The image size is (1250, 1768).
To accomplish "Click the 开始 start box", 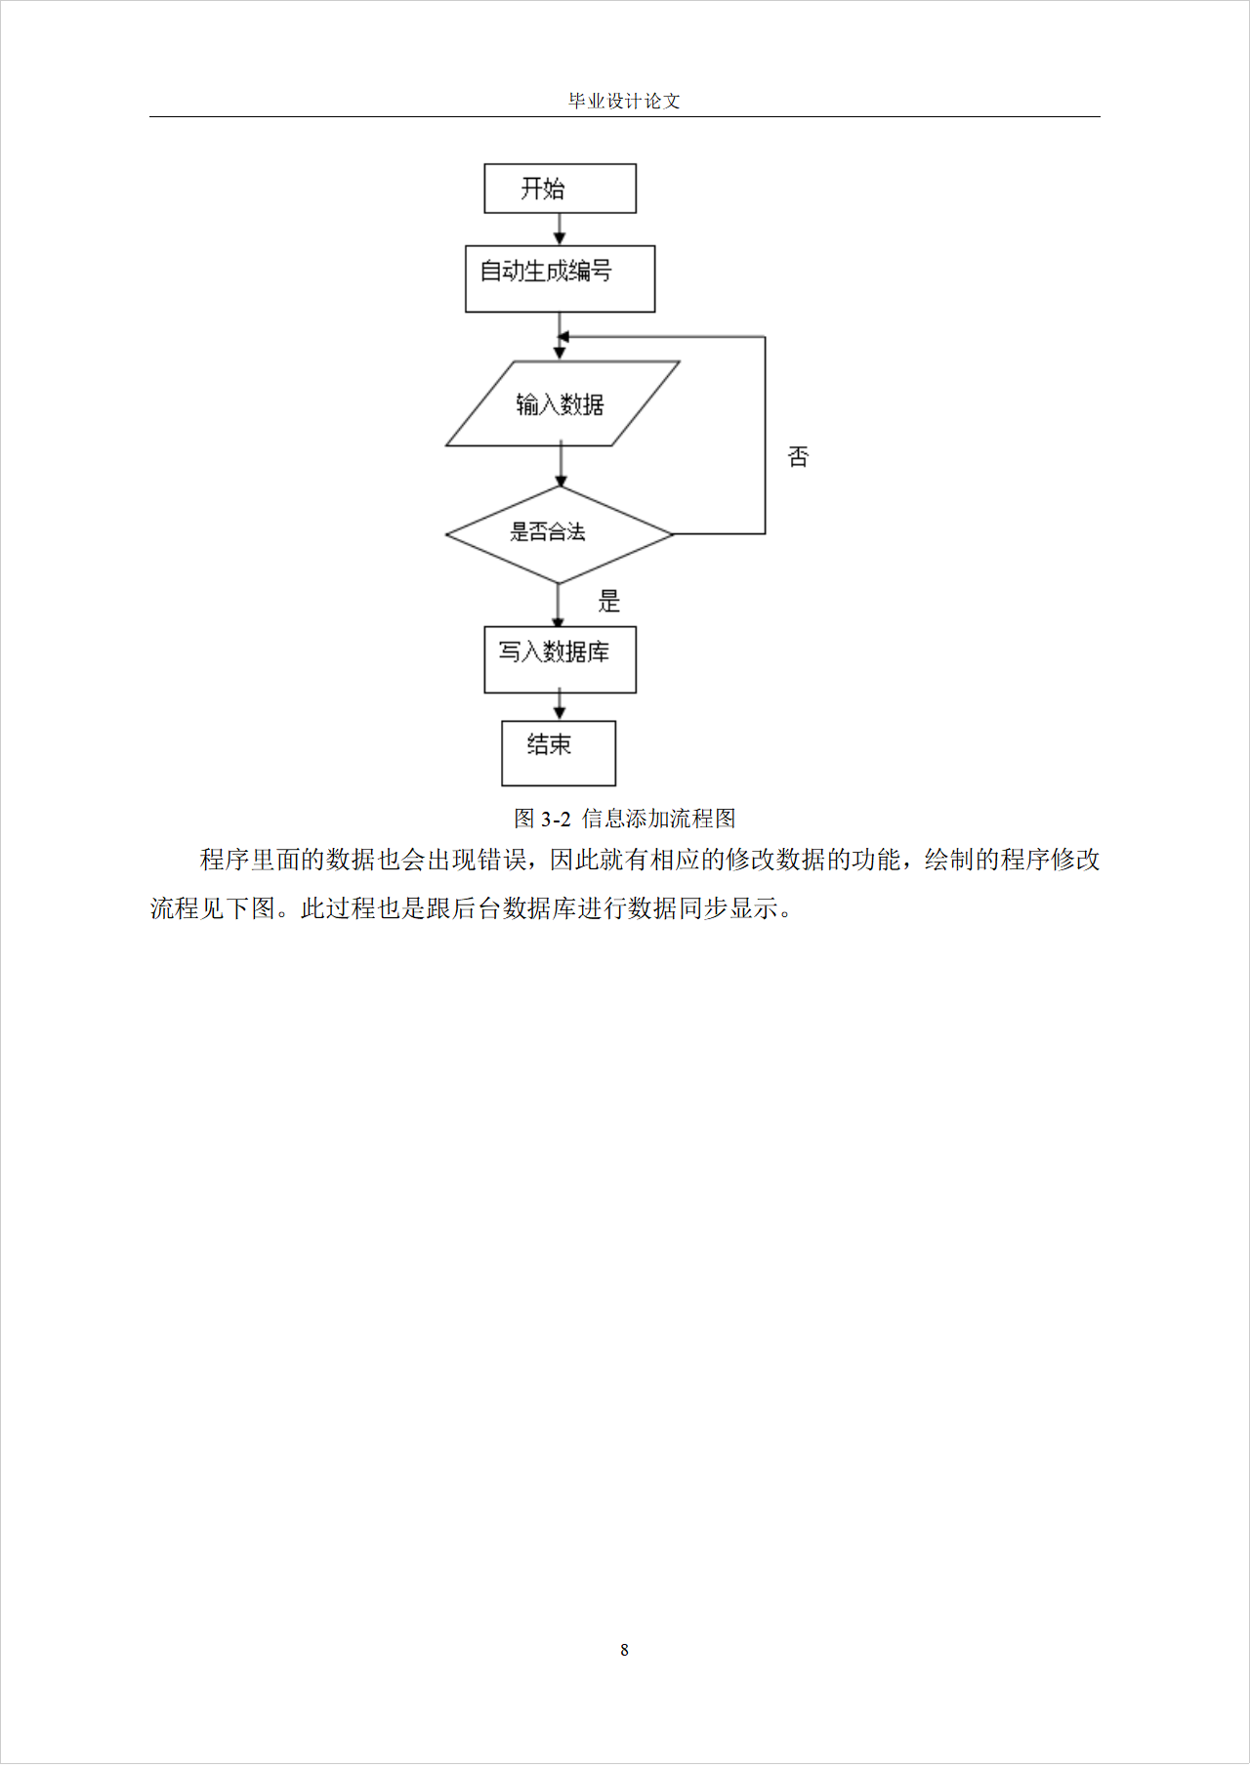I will point(560,189).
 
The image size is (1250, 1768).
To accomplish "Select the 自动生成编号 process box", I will point(560,278).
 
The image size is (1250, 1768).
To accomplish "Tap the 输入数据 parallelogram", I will point(562,403).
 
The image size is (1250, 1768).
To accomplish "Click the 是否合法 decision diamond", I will point(559,533).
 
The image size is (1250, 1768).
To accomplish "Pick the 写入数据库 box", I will point(560,659).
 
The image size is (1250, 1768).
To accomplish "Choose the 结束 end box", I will point(559,752).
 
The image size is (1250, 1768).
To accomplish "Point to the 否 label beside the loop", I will point(798,456).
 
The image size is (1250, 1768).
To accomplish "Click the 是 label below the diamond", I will point(609,601).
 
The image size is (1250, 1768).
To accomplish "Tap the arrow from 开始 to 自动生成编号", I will point(560,230).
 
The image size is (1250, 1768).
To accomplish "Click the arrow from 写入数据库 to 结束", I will point(560,706).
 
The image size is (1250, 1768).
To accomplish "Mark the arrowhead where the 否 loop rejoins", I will point(562,337).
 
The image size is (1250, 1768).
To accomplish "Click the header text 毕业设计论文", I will point(624,101).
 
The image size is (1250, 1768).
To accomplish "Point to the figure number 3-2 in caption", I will point(556,819).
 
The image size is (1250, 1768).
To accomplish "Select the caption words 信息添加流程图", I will point(658,819).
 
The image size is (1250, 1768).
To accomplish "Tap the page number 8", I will point(624,1650).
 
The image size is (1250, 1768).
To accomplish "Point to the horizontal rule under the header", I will point(624,117).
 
